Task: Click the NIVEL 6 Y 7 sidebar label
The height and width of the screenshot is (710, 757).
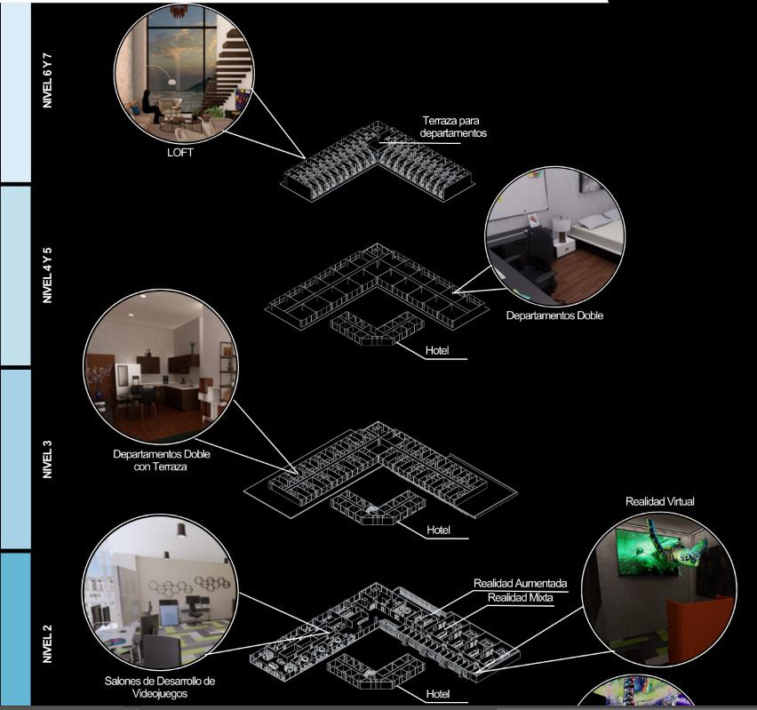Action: [47, 80]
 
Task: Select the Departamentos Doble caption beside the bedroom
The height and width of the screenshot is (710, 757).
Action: [554, 315]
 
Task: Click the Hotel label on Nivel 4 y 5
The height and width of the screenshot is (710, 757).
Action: [437, 351]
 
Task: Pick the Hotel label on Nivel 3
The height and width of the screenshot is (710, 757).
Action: [437, 531]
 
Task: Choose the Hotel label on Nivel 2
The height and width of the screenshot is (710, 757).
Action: [437, 693]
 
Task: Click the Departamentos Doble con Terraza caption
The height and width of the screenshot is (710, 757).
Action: [161, 460]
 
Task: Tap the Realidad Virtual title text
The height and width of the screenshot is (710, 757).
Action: [659, 501]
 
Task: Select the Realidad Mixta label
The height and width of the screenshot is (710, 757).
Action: [520, 598]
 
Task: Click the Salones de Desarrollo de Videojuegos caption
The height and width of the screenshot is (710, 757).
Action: [160, 688]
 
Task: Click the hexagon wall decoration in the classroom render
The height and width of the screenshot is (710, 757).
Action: [190, 586]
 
